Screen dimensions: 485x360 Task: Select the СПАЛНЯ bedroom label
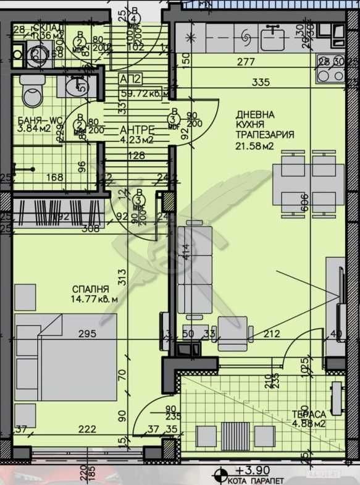(90, 289)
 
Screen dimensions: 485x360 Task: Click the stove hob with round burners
(331, 74)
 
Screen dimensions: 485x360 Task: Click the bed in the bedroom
(65, 357)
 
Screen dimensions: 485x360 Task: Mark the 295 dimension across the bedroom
(86, 334)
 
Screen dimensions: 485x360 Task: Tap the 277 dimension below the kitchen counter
(246, 61)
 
